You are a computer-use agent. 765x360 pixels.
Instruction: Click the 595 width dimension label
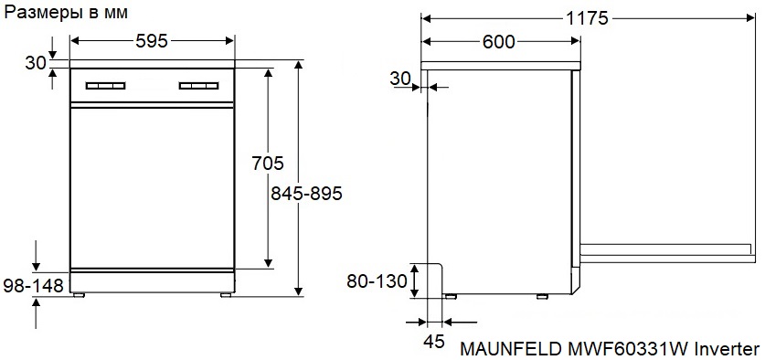coord(152,41)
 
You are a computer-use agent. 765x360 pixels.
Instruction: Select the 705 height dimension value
coord(268,163)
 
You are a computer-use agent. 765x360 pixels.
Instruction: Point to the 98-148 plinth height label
coord(33,286)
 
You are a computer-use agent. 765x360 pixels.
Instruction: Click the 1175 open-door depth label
coord(588,18)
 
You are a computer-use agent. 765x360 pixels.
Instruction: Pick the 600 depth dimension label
coord(499,42)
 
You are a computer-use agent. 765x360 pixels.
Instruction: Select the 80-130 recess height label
coord(377,281)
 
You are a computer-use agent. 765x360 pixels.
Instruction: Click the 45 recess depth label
coord(434,342)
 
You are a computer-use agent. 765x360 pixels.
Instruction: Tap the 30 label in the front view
coord(36,63)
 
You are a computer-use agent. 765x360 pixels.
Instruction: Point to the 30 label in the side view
coord(400,79)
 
